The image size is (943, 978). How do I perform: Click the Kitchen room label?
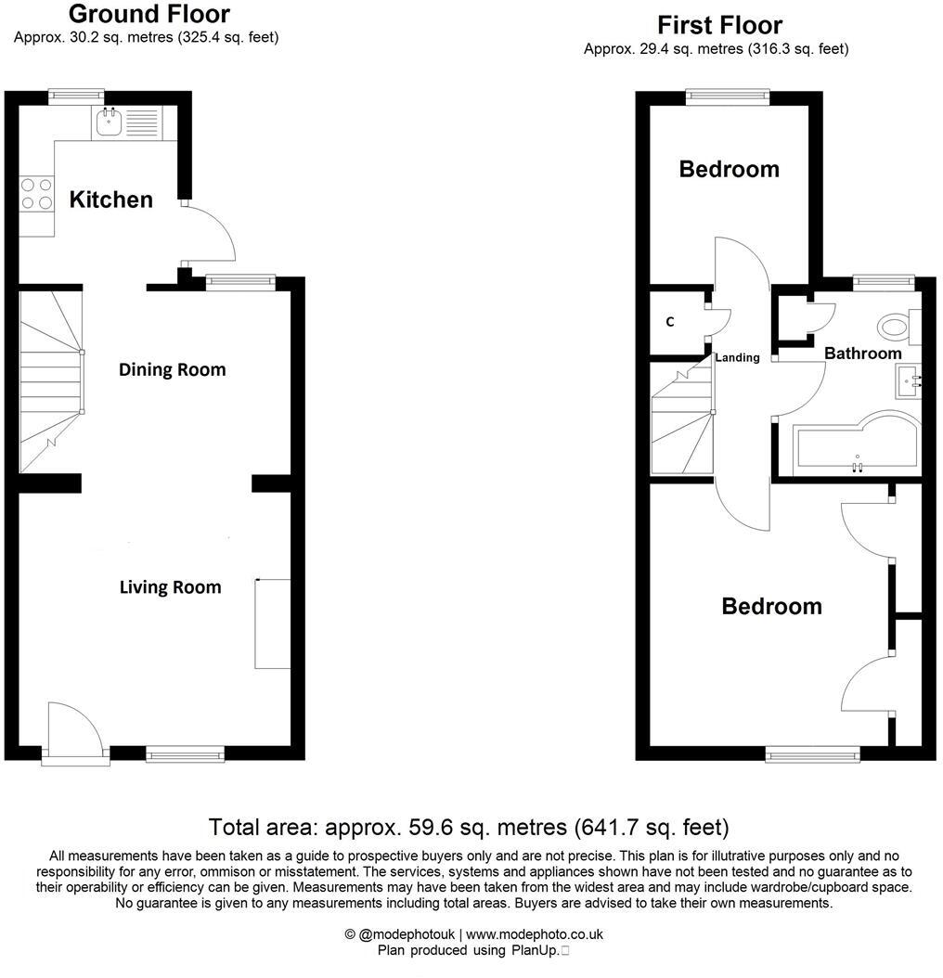111,199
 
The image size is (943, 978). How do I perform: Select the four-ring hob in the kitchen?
36,193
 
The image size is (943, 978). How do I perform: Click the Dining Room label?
172,369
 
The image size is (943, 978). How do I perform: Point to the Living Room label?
170,587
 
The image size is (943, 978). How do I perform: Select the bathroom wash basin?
907,380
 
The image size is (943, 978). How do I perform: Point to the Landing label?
737,357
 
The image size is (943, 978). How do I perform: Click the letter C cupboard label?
669,322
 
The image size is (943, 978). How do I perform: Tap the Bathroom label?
862,354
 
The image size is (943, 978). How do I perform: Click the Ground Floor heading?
149,14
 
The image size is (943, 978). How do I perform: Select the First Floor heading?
719,25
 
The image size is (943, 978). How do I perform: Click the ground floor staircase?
51,380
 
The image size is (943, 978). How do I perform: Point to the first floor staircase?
681,418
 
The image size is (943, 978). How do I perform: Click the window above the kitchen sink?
76,94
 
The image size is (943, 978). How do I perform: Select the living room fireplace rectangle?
272,624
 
